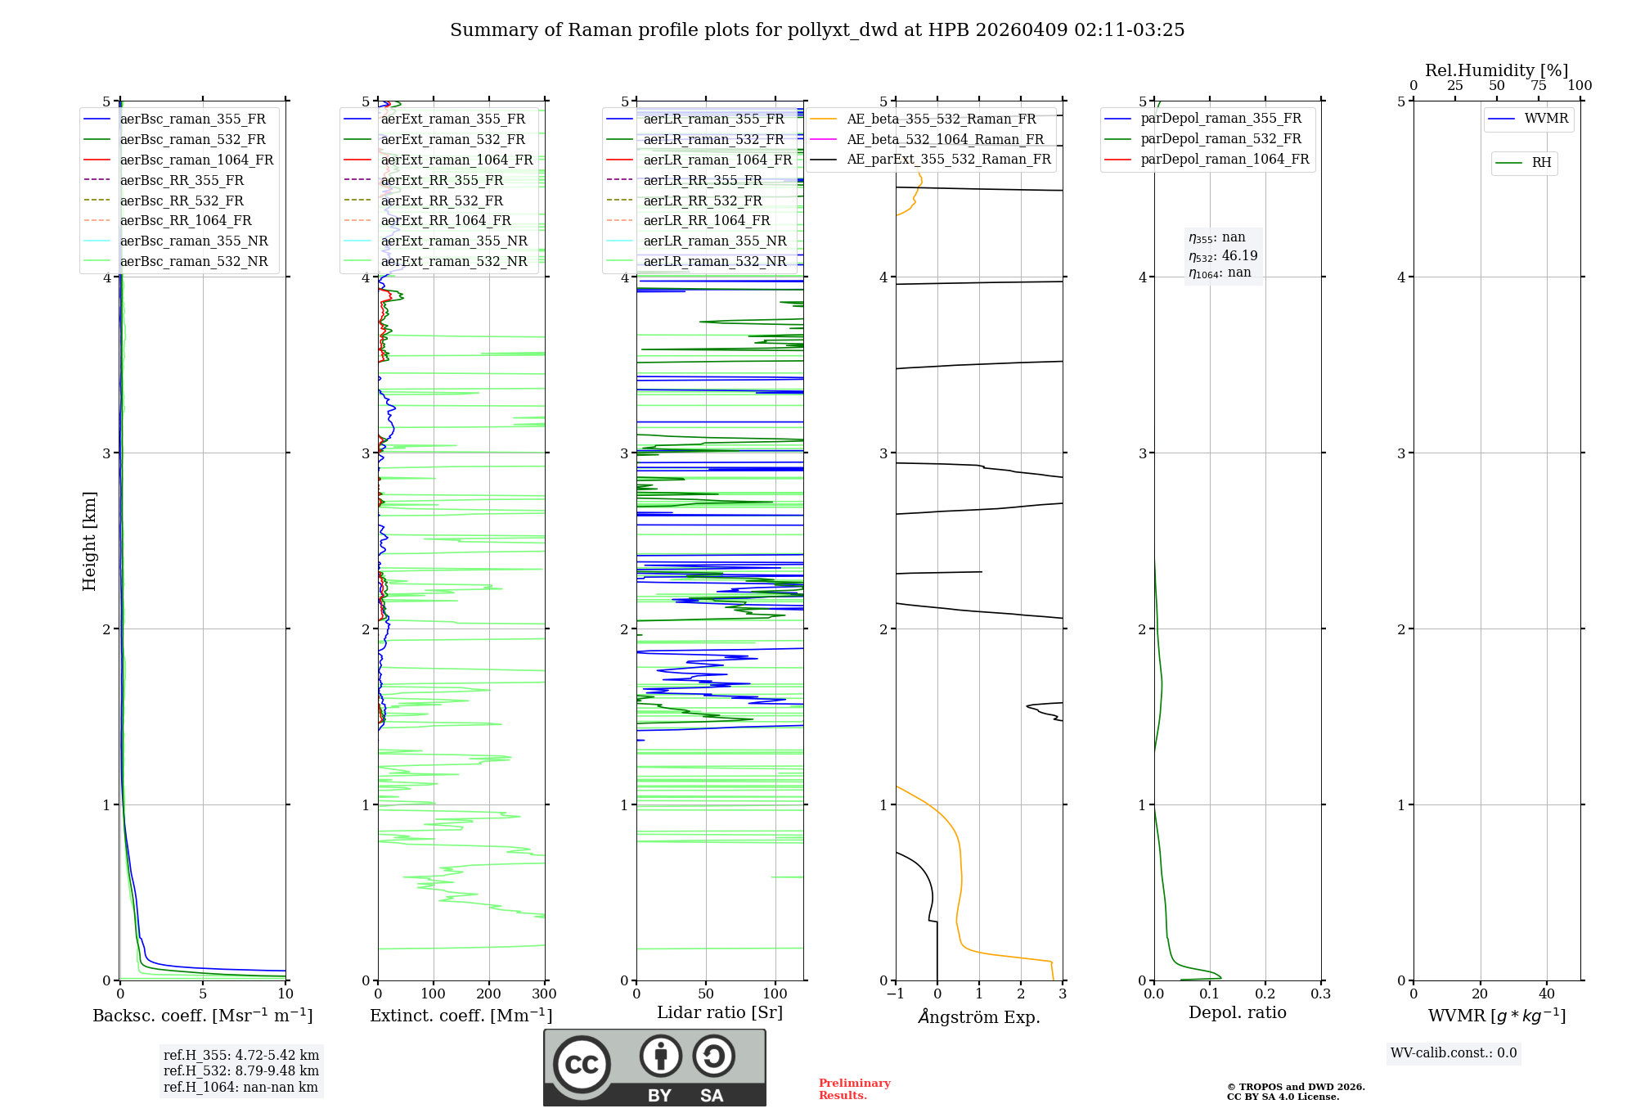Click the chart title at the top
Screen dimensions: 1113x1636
tap(817, 30)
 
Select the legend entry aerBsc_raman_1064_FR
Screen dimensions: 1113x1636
tap(196, 160)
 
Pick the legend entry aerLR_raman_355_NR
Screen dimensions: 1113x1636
tap(714, 241)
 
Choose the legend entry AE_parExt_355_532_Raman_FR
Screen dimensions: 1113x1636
tap(948, 159)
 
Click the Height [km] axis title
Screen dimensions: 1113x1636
tap(89, 541)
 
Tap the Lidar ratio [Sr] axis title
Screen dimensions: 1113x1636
tap(720, 1012)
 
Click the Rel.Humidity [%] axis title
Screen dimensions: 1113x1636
tap(1496, 70)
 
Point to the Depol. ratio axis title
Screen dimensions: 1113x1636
tap(1237, 1012)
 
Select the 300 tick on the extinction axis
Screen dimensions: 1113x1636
tap(544, 994)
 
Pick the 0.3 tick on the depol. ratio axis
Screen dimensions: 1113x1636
tap(1320, 994)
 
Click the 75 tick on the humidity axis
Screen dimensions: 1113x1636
tap(1539, 86)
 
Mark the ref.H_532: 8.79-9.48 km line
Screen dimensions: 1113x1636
tap(241, 1070)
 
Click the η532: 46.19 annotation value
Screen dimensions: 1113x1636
tap(1223, 256)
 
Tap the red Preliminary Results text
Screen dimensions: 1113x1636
tap(854, 1089)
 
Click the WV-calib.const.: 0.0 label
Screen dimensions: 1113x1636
tap(1454, 1053)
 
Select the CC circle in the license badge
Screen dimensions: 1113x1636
tap(582, 1065)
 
